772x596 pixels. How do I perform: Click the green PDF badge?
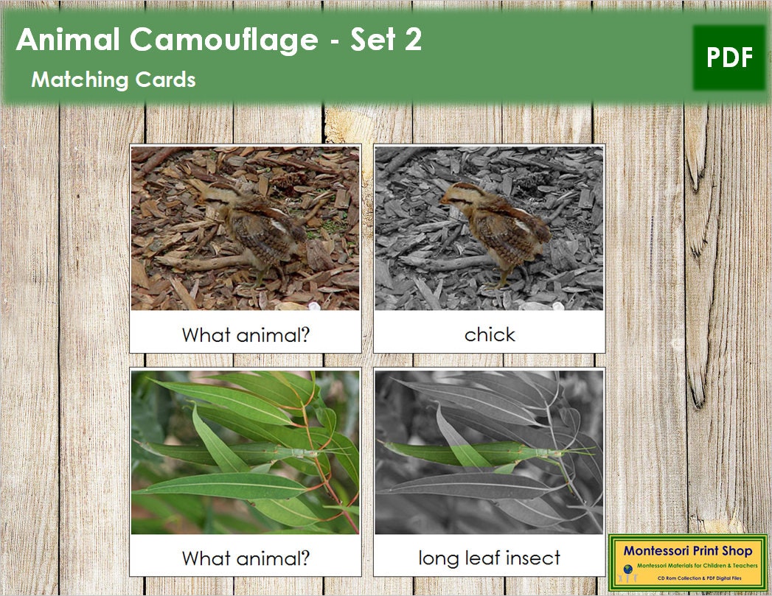(x=729, y=57)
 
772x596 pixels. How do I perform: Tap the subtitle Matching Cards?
(x=114, y=80)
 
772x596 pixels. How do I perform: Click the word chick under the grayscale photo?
(x=490, y=334)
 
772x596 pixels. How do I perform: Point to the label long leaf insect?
(x=490, y=558)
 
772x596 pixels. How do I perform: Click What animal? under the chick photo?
(x=246, y=335)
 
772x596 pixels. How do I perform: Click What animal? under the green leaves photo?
(x=246, y=558)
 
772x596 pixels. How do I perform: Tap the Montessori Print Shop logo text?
(x=687, y=550)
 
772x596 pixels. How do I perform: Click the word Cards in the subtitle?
(x=169, y=80)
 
